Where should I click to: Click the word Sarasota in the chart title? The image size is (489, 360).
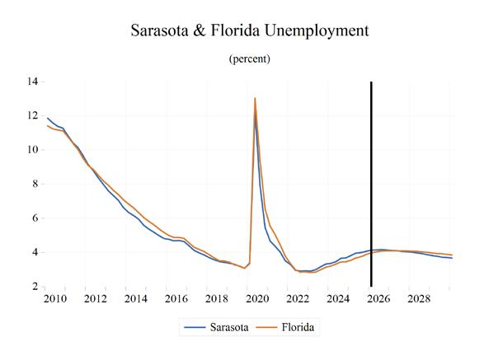point(159,30)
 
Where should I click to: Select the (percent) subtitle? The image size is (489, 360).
point(250,58)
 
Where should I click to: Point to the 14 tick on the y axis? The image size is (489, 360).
point(33,82)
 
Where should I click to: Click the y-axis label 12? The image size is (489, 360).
point(33,115)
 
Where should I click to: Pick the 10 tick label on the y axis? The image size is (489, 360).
point(33,150)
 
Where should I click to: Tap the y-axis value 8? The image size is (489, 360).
point(35,184)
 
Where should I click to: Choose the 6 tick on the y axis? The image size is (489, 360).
point(35,218)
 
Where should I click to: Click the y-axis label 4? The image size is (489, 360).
point(35,252)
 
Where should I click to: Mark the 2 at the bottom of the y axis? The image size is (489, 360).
point(35,286)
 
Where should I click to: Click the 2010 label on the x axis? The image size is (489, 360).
point(55,299)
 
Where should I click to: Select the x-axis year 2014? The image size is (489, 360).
point(136,299)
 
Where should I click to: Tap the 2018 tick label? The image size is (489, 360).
point(217,299)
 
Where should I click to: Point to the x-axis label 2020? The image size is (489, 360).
point(257,299)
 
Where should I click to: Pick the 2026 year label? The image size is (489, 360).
point(379,299)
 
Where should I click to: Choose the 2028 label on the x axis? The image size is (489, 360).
point(419,299)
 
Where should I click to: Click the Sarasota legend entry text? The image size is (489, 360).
point(229,327)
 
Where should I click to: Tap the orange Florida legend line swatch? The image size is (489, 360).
point(266,327)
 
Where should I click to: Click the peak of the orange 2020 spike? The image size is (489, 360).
point(255,98)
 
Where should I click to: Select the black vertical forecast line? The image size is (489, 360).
point(371,184)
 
